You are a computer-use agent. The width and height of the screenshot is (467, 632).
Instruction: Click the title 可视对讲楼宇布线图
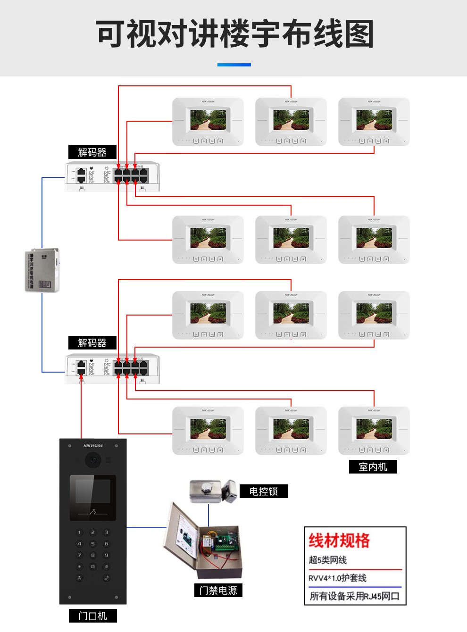234,34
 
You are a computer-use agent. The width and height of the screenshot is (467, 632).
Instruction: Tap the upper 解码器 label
92,152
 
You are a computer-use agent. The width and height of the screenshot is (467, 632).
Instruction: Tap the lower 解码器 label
92,342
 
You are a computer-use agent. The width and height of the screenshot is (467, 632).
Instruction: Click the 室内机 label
373,466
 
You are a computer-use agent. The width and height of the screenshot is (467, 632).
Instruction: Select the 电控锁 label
263,491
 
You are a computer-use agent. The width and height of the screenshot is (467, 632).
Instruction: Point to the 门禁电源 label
218,590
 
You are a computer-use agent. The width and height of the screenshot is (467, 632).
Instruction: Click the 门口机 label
92,615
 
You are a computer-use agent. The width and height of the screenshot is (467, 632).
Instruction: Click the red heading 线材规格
339,541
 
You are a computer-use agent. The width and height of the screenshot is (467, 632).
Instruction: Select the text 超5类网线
328,560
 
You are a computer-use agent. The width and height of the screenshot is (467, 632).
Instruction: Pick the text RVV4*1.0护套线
337,578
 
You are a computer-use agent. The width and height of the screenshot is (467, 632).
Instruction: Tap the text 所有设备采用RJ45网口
354,596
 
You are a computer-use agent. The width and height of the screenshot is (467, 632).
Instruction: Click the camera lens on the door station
93,459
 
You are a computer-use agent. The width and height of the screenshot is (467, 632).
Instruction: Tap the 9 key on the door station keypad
106,555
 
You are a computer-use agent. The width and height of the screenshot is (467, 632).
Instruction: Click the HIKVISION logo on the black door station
93,445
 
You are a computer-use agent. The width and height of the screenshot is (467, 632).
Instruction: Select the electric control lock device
212,491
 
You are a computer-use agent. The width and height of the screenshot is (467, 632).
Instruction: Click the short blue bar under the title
234,65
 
